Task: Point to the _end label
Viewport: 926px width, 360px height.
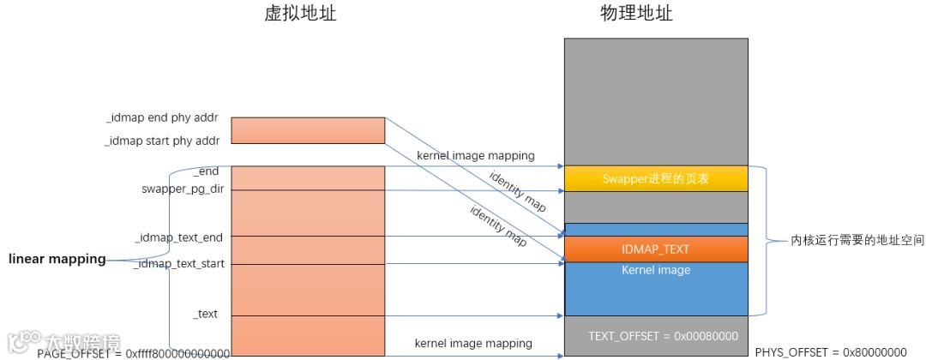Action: pyautogui.click(x=208, y=171)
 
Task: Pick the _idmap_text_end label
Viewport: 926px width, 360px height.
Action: pyautogui.click(x=179, y=236)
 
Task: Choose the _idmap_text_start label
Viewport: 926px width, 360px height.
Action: pyautogui.click(x=177, y=264)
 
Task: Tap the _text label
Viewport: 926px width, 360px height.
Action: pyautogui.click(x=206, y=315)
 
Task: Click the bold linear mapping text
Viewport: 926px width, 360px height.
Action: pyautogui.click(x=57, y=259)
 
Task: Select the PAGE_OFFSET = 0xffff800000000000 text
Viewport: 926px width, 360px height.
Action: pyautogui.click(x=133, y=352)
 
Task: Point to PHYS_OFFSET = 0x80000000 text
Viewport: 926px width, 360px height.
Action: pyautogui.click(x=831, y=352)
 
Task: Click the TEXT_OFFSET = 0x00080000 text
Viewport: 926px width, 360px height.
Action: pyautogui.click(x=664, y=336)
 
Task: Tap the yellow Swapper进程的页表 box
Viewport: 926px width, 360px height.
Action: pyautogui.click(x=655, y=178)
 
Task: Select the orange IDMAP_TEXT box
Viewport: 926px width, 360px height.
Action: pyautogui.click(x=655, y=249)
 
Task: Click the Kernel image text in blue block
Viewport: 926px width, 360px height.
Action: pyautogui.click(x=655, y=270)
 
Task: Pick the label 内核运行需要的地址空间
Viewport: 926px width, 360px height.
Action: pyautogui.click(x=845, y=243)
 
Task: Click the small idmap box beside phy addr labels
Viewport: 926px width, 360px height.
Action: pyautogui.click(x=308, y=130)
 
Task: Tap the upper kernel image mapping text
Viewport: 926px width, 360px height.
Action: pyautogui.click(x=476, y=156)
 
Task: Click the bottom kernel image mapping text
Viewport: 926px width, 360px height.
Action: pyautogui.click(x=473, y=343)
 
